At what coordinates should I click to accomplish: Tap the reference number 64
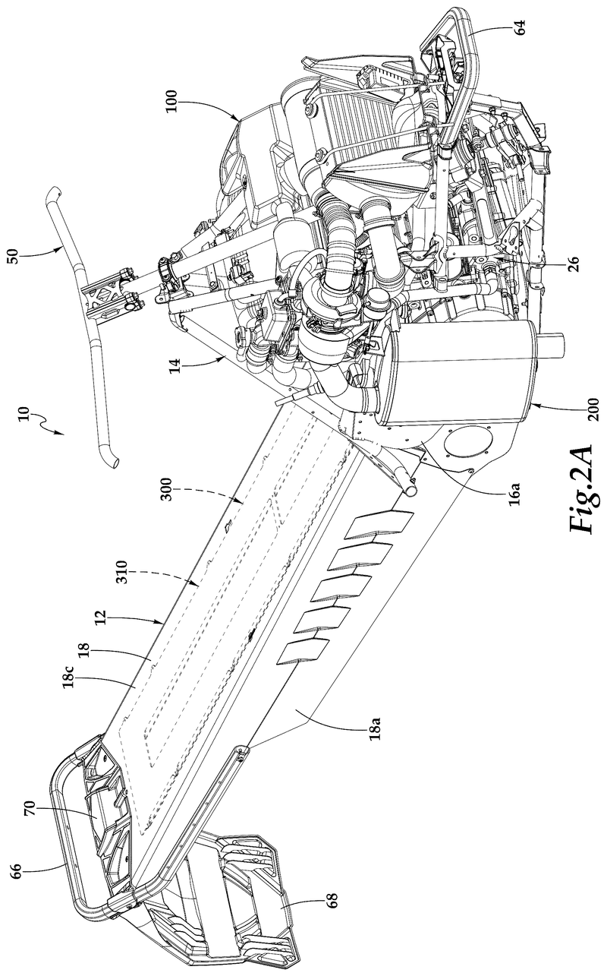pos(521,28)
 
